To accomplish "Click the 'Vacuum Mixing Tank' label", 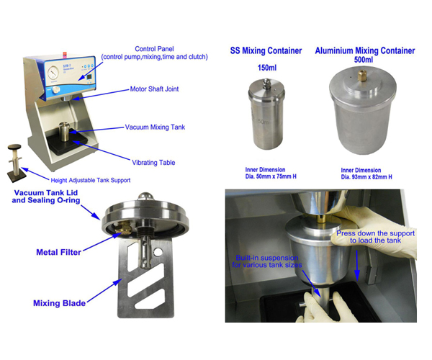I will (x=155, y=127).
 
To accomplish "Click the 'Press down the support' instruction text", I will (x=373, y=238).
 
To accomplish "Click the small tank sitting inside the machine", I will (x=67, y=136).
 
